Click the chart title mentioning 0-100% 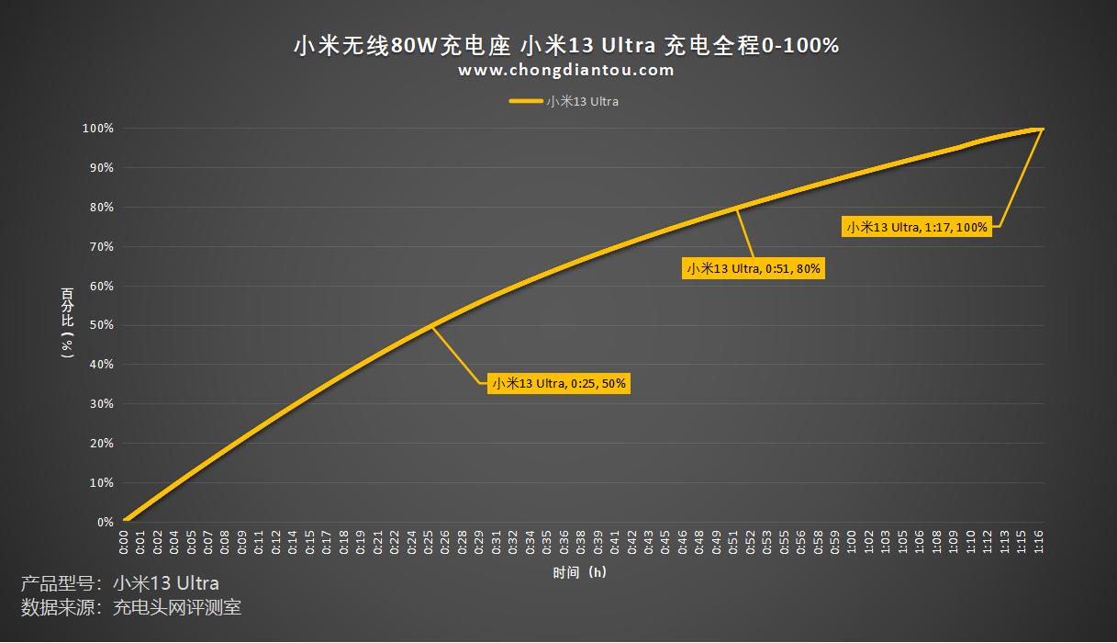[x=565, y=45]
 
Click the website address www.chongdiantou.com [x=566, y=70]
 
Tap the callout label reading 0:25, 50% [x=559, y=384]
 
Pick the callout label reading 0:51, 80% [x=754, y=268]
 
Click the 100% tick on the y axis [x=99, y=129]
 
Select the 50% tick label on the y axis [x=101, y=325]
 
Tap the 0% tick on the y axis [x=105, y=522]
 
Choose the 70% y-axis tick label [x=101, y=246]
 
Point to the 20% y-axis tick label [x=101, y=444]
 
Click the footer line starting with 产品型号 [x=120, y=583]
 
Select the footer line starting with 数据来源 [x=131, y=607]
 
